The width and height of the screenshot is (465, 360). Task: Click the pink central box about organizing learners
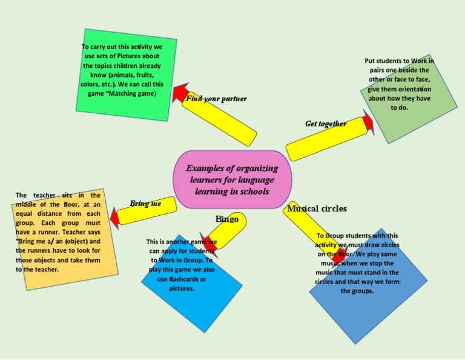[232, 179]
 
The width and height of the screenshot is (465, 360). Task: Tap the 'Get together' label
[326, 124]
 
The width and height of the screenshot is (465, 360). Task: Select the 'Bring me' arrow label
[145, 204]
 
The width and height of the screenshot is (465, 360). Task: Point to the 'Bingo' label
[227, 219]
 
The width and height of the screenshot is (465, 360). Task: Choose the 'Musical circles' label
[317, 208]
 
